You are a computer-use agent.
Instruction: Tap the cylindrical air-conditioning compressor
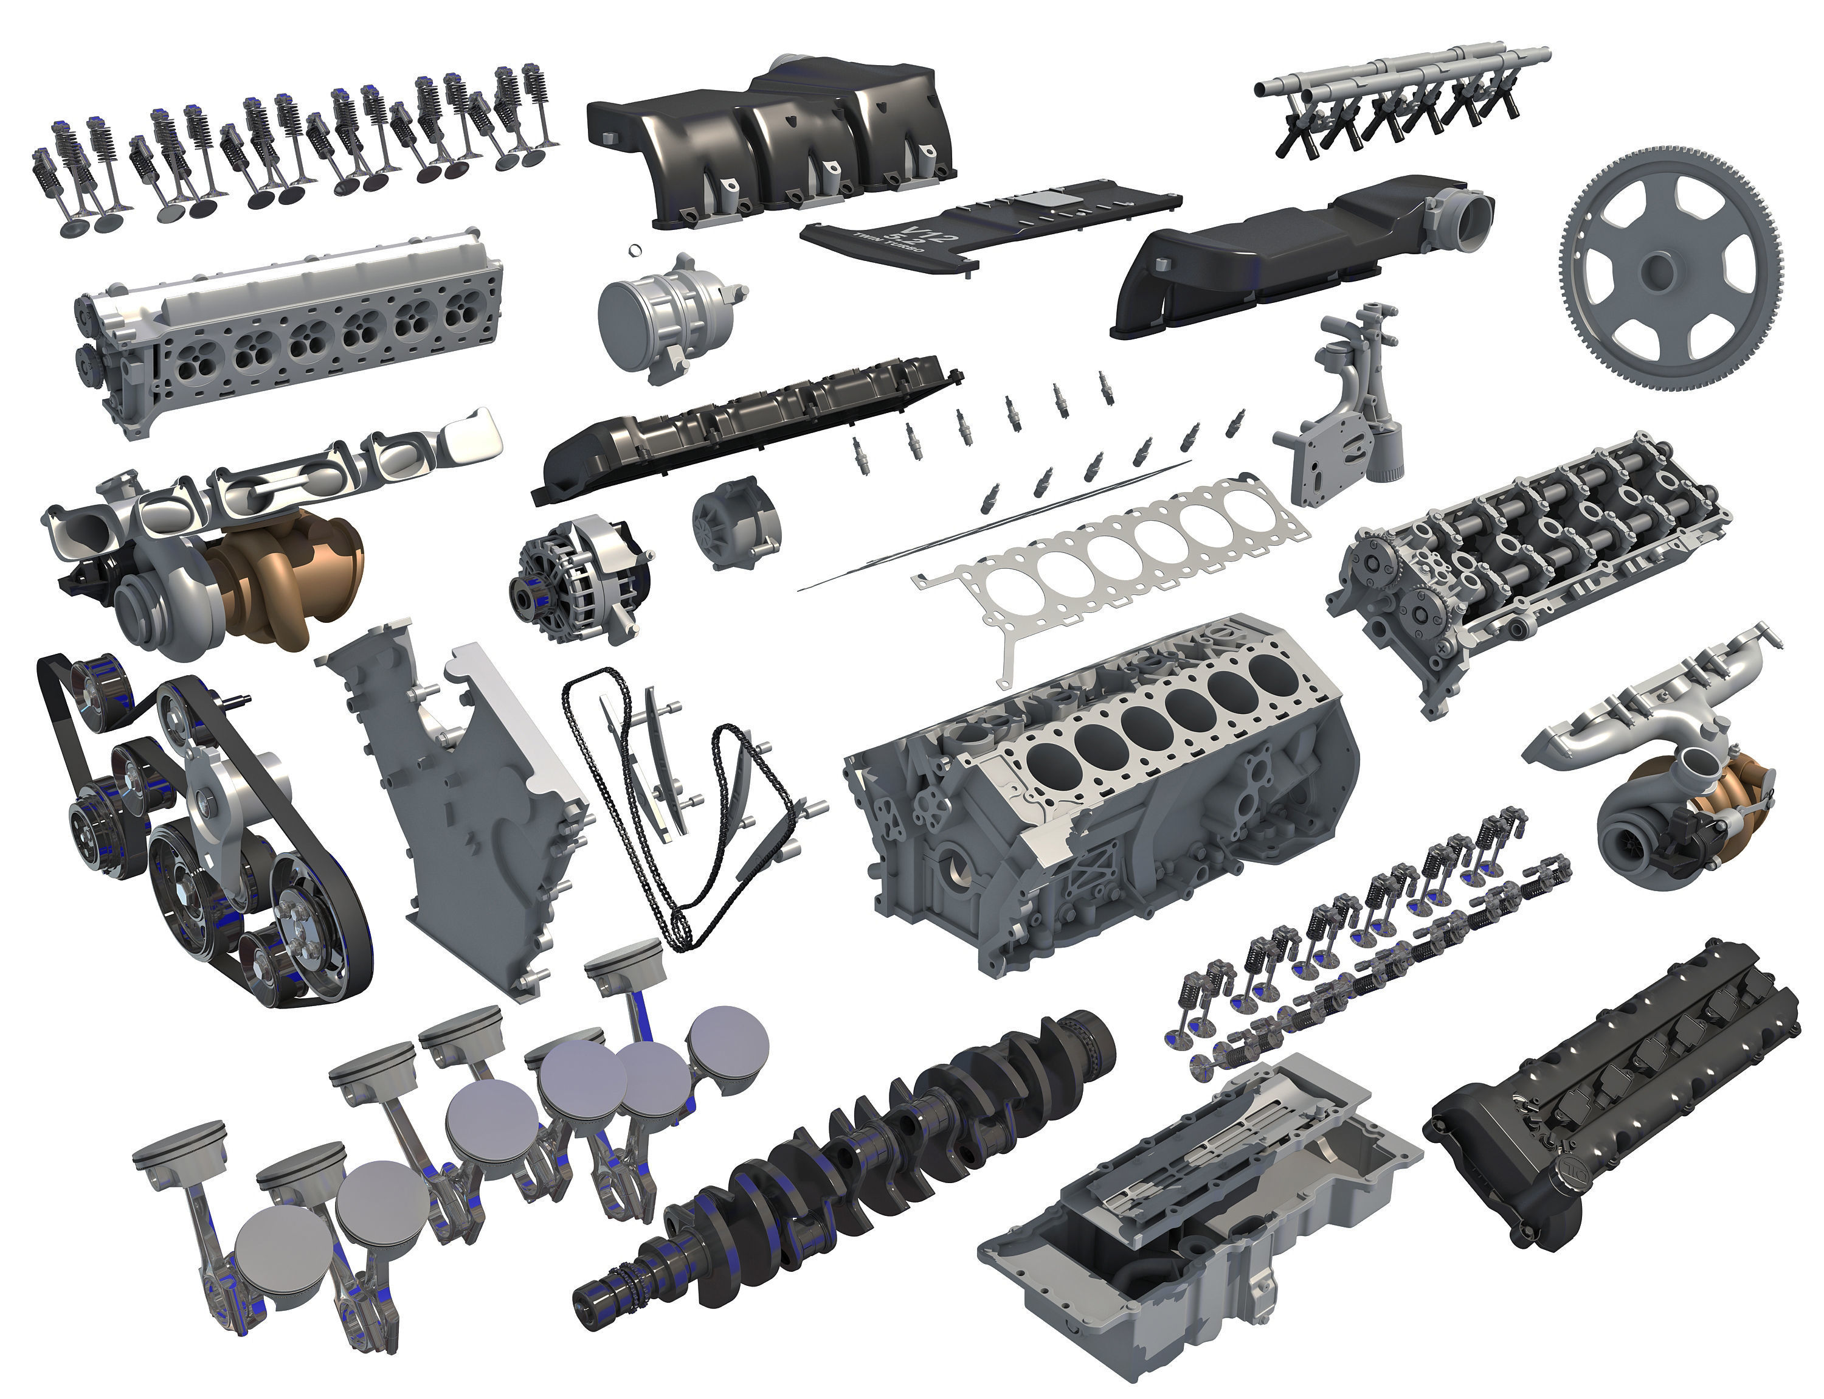point(666,316)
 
